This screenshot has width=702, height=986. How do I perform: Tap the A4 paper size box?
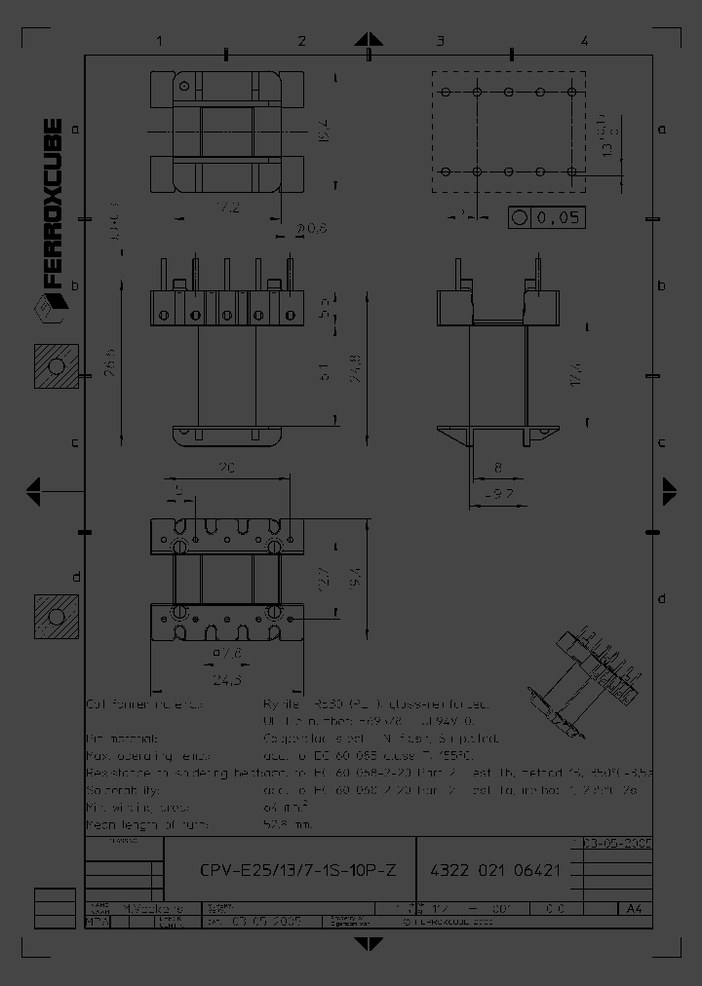tap(634, 908)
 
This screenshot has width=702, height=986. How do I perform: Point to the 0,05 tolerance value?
tap(559, 218)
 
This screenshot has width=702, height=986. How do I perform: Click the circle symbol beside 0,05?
tap(520, 218)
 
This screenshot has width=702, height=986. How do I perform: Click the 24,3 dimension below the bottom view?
tap(228, 678)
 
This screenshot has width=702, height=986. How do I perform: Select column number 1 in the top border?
tap(158, 41)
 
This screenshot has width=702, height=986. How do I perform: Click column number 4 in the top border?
tap(584, 41)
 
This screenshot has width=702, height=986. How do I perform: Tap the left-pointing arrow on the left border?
tap(33, 487)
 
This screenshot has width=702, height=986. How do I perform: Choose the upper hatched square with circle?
tap(56, 367)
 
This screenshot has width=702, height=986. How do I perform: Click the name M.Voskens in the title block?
tap(146, 907)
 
